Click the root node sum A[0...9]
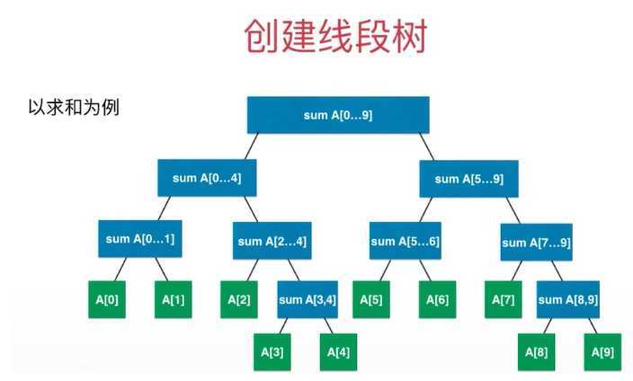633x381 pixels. click(x=338, y=114)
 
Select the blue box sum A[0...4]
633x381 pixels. click(x=207, y=178)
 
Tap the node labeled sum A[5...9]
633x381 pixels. click(x=468, y=179)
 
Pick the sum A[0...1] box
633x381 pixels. click(x=140, y=239)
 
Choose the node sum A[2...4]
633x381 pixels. click(x=272, y=241)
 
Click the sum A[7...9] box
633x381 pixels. click(x=536, y=242)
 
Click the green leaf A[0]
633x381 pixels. click(x=107, y=299)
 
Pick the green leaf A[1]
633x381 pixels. click(x=174, y=299)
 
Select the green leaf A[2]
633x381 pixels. click(x=239, y=299)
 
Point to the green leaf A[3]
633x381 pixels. click(x=272, y=351)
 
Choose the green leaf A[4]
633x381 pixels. click(x=338, y=351)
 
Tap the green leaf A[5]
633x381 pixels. click(x=370, y=299)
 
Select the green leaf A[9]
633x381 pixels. click(x=602, y=351)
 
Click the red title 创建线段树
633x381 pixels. click(x=335, y=37)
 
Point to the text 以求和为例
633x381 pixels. click(x=75, y=107)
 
